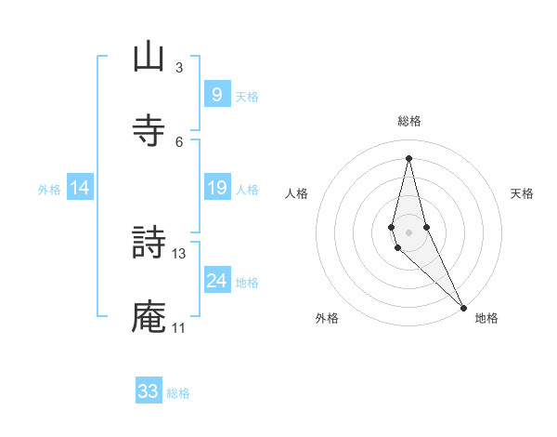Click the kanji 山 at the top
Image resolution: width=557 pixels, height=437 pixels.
(x=149, y=58)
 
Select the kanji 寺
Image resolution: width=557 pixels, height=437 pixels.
(x=149, y=131)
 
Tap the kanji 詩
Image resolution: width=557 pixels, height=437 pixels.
(x=149, y=245)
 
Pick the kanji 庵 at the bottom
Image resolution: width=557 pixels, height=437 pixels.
(x=149, y=318)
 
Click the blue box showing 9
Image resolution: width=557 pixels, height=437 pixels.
(x=216, y=95)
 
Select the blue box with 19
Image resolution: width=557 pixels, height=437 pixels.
(x=216, y=189)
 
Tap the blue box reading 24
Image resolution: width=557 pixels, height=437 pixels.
(x=216, y=282)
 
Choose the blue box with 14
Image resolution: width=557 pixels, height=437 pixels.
(x=80, y=189)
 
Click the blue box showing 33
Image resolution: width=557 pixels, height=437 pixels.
(x=149, y=391)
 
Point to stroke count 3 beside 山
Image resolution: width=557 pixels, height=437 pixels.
(x=179, y=67)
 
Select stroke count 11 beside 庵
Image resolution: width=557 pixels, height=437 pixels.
(x=179, y=327)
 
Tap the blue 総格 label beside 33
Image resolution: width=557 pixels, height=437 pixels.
(x=179, y=393)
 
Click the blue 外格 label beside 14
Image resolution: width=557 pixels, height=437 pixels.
(x=49, y=190)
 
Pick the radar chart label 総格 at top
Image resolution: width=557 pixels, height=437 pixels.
(x=408, y=121)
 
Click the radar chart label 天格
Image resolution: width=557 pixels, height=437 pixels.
(x=523, y=193)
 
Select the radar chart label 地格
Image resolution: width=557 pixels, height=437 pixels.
(x=486, y=319)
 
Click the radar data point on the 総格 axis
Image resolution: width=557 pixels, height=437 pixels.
(x=408, y=158)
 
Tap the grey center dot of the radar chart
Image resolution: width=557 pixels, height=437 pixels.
(x=408, y=232)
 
